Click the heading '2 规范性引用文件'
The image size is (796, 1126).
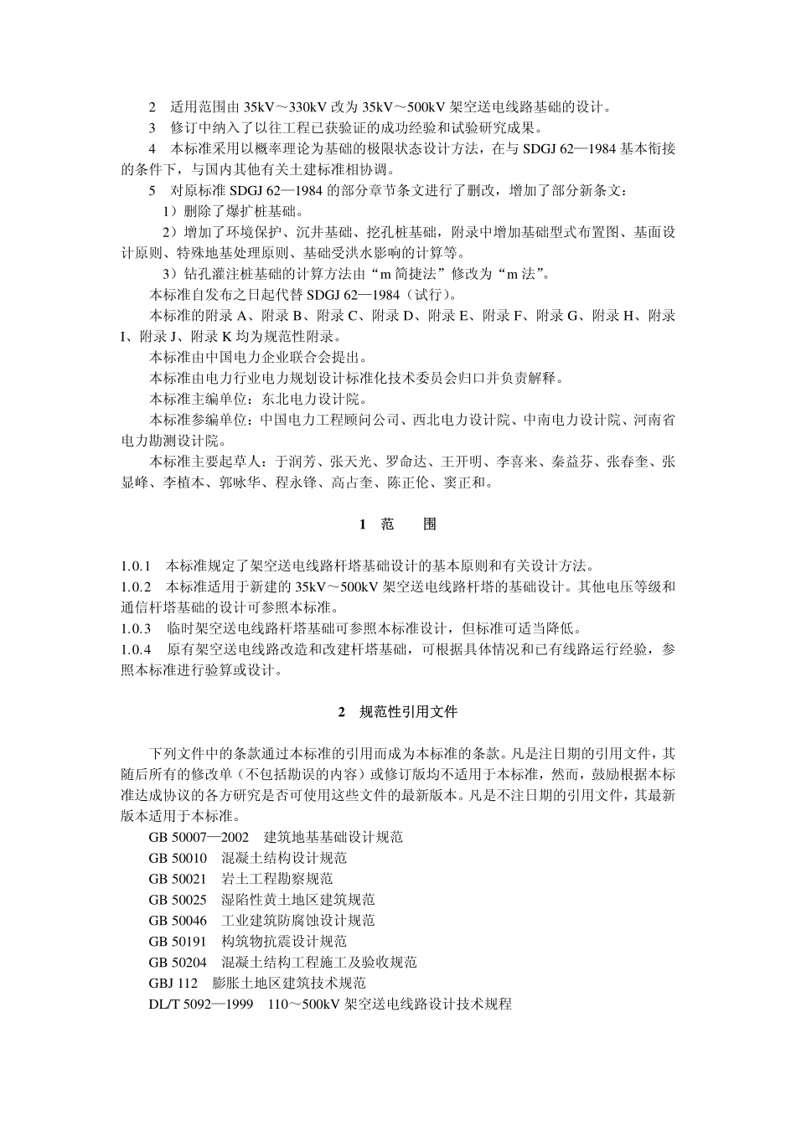coord(398,712)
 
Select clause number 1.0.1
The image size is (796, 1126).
coord(136,566)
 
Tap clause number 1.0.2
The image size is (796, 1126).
coord(136,586)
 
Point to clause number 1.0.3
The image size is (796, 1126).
coord(136,628)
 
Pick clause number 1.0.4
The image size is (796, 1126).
coord(136,648)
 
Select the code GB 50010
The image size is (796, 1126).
coord(178,858)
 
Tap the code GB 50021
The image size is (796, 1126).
coord(178,879)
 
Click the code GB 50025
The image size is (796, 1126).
coord(178,900)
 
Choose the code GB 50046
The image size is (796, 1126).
coord(178,921)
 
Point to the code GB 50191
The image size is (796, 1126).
coord(178,942)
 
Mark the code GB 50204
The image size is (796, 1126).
coord(178,963)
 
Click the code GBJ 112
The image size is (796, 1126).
coord(173,984)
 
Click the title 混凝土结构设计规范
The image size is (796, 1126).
coord(284,858)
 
